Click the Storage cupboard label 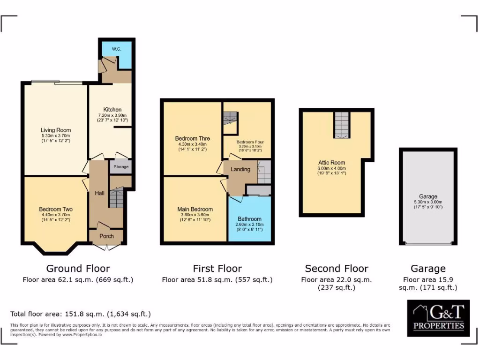click(x=121, y=167)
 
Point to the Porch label click(x=106, y=236)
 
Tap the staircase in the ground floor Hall click(x=115, y=197)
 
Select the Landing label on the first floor click(x=240, y=169)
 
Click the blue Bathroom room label click(x=249, y=219)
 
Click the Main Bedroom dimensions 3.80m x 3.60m click(x=195, y=215)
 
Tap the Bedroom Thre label click(x=192, y=138)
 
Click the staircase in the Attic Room click(x=342, y=125)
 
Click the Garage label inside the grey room click(x=428, y=196)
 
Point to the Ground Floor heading click(x=78, y=269)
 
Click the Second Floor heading click(x=336, y=269)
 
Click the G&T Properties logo click(x=438, y=318)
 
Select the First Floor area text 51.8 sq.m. click(x=217, y=280)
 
